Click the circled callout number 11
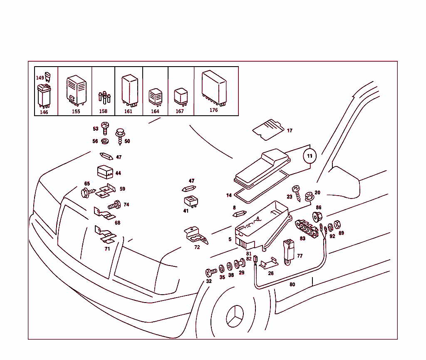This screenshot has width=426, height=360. click(x=309, y=156)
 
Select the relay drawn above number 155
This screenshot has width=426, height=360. click(x=76, y=89)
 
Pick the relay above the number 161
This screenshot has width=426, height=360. click(x=129, y=88)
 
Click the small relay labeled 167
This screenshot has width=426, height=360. click(x=181, y=96)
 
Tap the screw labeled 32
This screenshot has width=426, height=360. click(x=211, y=273)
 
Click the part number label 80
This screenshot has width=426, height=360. click(x=292, y=285)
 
